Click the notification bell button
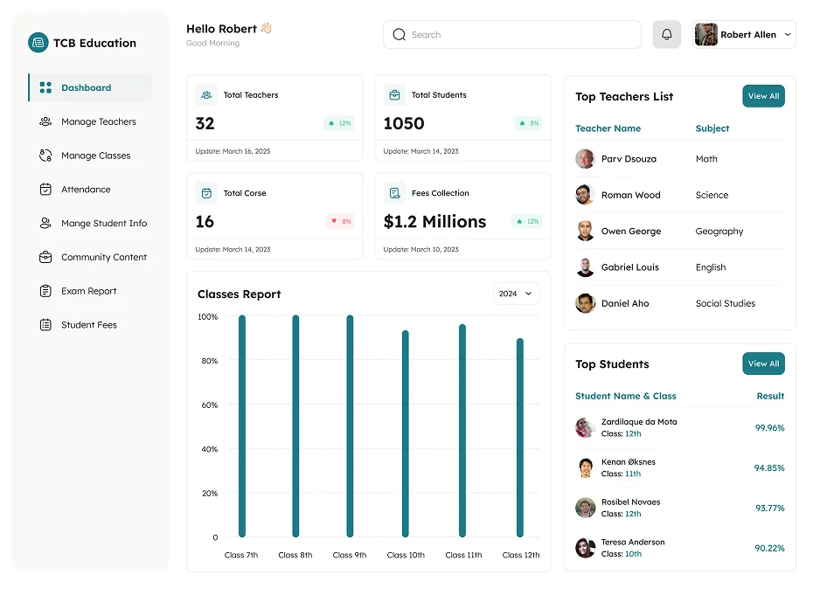pos(666,35)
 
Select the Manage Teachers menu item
pos(98,121)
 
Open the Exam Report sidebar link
pos(88,291)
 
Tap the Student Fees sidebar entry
pos(88,325)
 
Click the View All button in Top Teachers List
pos(763,96)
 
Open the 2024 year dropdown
pos(515,294)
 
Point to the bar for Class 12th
pos(520,437)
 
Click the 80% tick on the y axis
pos(208,361)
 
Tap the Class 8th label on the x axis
pos(295,555)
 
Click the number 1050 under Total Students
pos(404,123)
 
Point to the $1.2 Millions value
pos(434,221)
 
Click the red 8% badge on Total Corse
pos(340,221)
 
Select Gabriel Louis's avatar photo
pos(585,267)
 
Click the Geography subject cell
pos(719,232)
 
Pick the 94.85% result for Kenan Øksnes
pos(769,468)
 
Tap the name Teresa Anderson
pos(633,542)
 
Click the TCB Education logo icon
pos(38,42)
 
